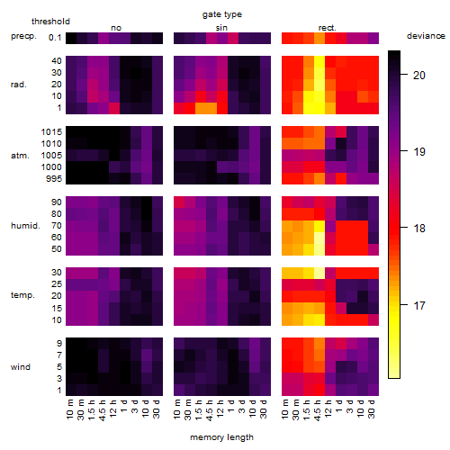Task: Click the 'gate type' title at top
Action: (x=222, y=14)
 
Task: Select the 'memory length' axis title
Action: (x=221, y=437)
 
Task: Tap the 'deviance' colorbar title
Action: (x=426, y=36)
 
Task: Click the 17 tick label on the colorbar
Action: (x=419, y=306)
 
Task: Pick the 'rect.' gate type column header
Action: (x=328, y=28)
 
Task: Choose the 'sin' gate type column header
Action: (x=221, y=28)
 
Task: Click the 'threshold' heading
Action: (x=50, y=22)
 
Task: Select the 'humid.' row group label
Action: (x=25, y=226)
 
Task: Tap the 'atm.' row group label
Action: (x=20, y=156)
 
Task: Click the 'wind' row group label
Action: (x=21, y=367)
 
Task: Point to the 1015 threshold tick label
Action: (x=51, y=132)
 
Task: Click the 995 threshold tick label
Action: (x=54, y=179)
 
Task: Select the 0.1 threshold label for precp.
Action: (x=55, y=38)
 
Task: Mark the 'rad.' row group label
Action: (x=19, y=85)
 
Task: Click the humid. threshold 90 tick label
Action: (x=57, y=202)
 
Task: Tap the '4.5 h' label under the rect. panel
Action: (x=317, y=410)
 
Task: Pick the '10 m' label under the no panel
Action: (x=70, y=409)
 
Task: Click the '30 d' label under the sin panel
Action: (x=264, y=409)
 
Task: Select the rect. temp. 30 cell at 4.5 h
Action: (x=319, y=273)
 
